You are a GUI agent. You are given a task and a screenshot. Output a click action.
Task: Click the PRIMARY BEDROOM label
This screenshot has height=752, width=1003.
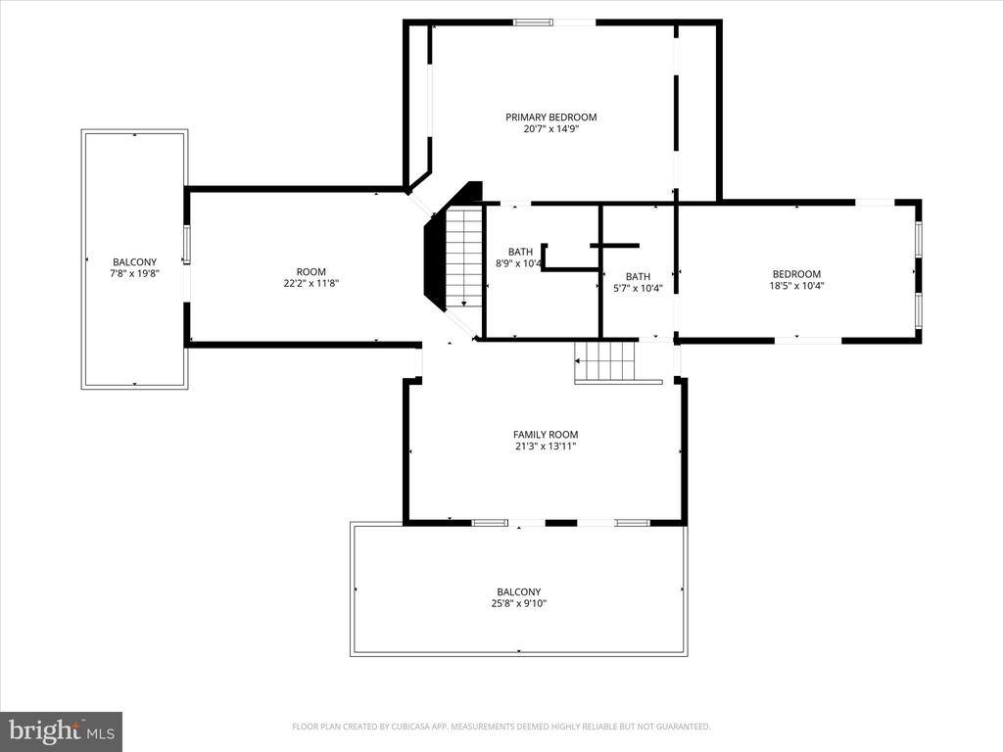(x=550, y=117)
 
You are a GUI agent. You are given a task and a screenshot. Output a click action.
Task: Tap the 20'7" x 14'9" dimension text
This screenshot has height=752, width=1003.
(x=550, y=129)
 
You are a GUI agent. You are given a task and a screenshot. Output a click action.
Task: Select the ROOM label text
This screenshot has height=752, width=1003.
(x=310, y=272)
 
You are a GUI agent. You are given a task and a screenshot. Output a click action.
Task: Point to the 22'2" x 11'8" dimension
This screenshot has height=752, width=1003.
(x=310, y=284)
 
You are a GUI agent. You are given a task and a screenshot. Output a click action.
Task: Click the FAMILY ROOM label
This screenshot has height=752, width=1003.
(x=546, y=435)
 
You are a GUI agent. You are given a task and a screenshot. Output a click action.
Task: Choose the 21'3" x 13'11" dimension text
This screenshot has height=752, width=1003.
(x=546, y=446)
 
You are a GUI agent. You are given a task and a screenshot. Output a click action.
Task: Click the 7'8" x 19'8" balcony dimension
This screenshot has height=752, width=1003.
(x=134, y=274)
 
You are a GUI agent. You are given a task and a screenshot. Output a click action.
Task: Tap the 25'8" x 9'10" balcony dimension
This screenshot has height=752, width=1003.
(x=518, y=604)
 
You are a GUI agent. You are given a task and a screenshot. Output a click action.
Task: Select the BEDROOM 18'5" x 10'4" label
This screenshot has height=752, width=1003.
(x=796, y=280)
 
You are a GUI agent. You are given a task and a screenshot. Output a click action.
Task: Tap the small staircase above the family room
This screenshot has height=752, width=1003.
(x=605, y=361)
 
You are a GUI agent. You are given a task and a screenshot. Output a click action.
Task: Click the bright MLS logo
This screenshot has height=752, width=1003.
(x=61, y=730)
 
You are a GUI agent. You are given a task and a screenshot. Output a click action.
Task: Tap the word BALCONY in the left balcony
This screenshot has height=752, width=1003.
(x=134, y=262)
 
